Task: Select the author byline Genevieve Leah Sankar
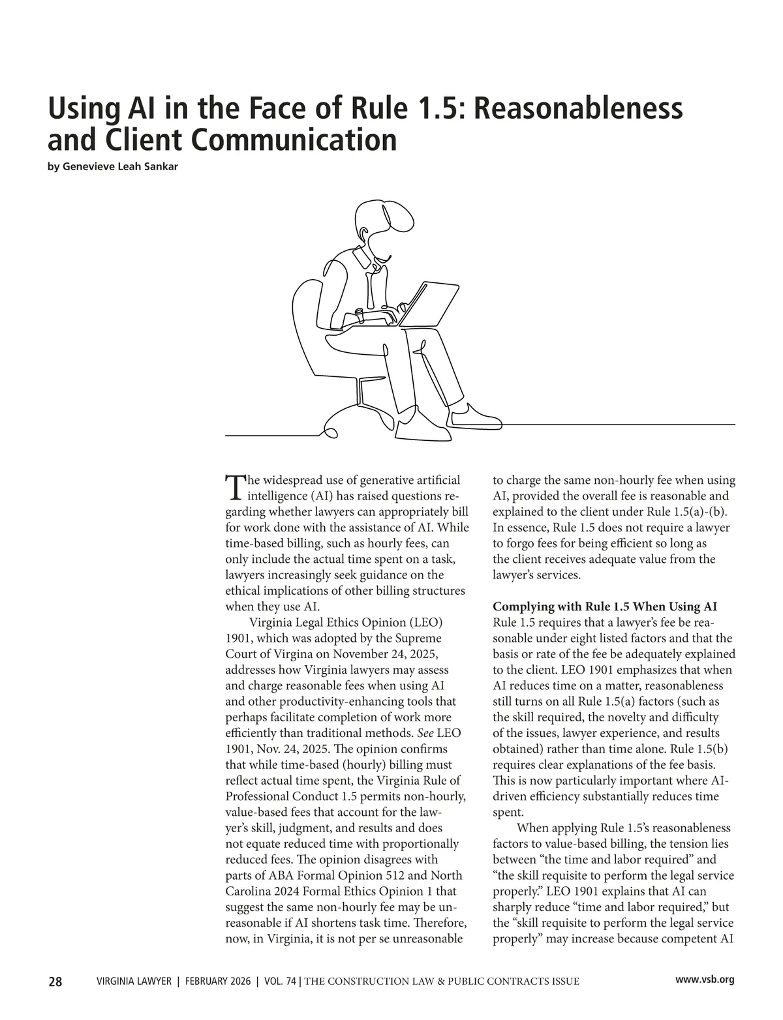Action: [113, 166]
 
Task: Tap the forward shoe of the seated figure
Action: [475, 416]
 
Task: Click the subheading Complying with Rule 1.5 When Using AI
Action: [605, 607]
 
